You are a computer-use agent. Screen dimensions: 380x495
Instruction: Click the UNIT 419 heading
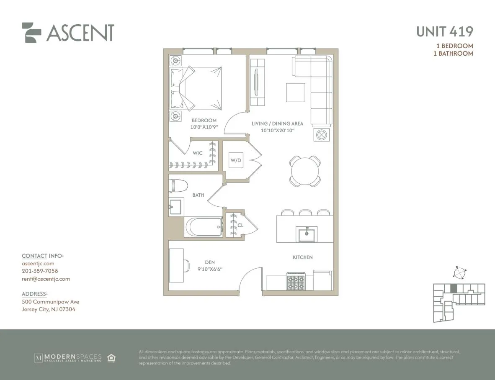point(444,32)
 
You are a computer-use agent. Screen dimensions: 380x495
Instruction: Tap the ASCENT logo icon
point(31,32)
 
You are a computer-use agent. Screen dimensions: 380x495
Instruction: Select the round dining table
point(305,170)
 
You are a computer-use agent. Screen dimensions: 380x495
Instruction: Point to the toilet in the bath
point(177,186)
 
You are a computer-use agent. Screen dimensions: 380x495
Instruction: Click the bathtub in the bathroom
point(204,227)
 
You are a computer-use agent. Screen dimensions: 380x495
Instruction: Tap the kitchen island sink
point(307,234)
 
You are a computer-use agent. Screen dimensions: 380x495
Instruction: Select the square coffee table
point(296,92)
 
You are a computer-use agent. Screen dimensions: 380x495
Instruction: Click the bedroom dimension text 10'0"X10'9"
point(204,127)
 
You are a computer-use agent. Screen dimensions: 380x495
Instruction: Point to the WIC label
point(198,153)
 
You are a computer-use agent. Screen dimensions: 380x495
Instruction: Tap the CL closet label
point(240,225)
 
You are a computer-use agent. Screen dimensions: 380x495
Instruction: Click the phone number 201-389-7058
point(40,271)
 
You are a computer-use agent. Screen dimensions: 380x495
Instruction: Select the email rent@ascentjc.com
point(46,279)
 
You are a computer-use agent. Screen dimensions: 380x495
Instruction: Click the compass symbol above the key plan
point(459,272)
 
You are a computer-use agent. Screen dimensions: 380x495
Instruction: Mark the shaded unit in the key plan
point(453,288)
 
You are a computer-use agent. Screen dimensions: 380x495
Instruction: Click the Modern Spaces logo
point(68,358)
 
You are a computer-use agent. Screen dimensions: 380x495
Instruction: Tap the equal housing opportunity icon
point(111,358)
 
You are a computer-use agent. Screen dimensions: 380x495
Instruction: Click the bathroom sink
point(175,206)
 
